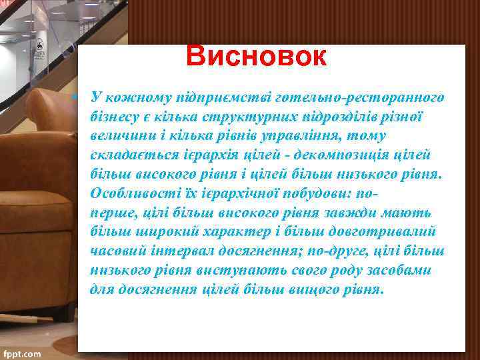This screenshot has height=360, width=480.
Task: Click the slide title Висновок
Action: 257,57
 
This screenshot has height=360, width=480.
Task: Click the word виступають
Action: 235,271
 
